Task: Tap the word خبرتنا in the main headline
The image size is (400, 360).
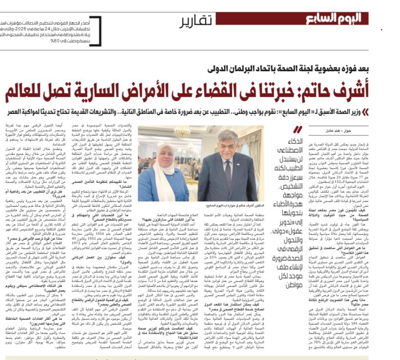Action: click(289, 90)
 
